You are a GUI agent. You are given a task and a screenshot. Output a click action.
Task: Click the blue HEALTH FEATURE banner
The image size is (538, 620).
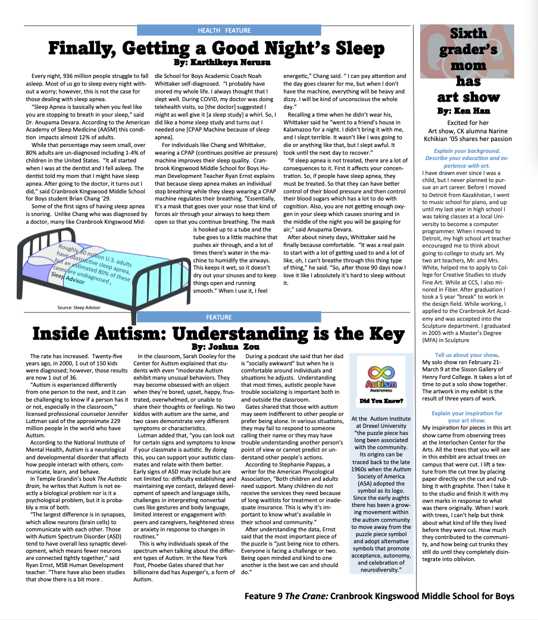coord(215,30)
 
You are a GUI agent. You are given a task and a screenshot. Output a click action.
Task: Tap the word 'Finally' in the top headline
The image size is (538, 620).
coord(87,48)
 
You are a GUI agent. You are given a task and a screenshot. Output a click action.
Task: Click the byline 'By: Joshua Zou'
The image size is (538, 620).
coord(218,346)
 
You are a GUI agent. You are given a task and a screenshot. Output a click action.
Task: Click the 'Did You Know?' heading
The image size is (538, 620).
coord(378,401)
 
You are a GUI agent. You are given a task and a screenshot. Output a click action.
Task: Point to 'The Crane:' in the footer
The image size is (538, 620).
coord(309,596)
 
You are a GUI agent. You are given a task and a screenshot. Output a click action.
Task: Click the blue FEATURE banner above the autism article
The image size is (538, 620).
coord(218,317)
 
